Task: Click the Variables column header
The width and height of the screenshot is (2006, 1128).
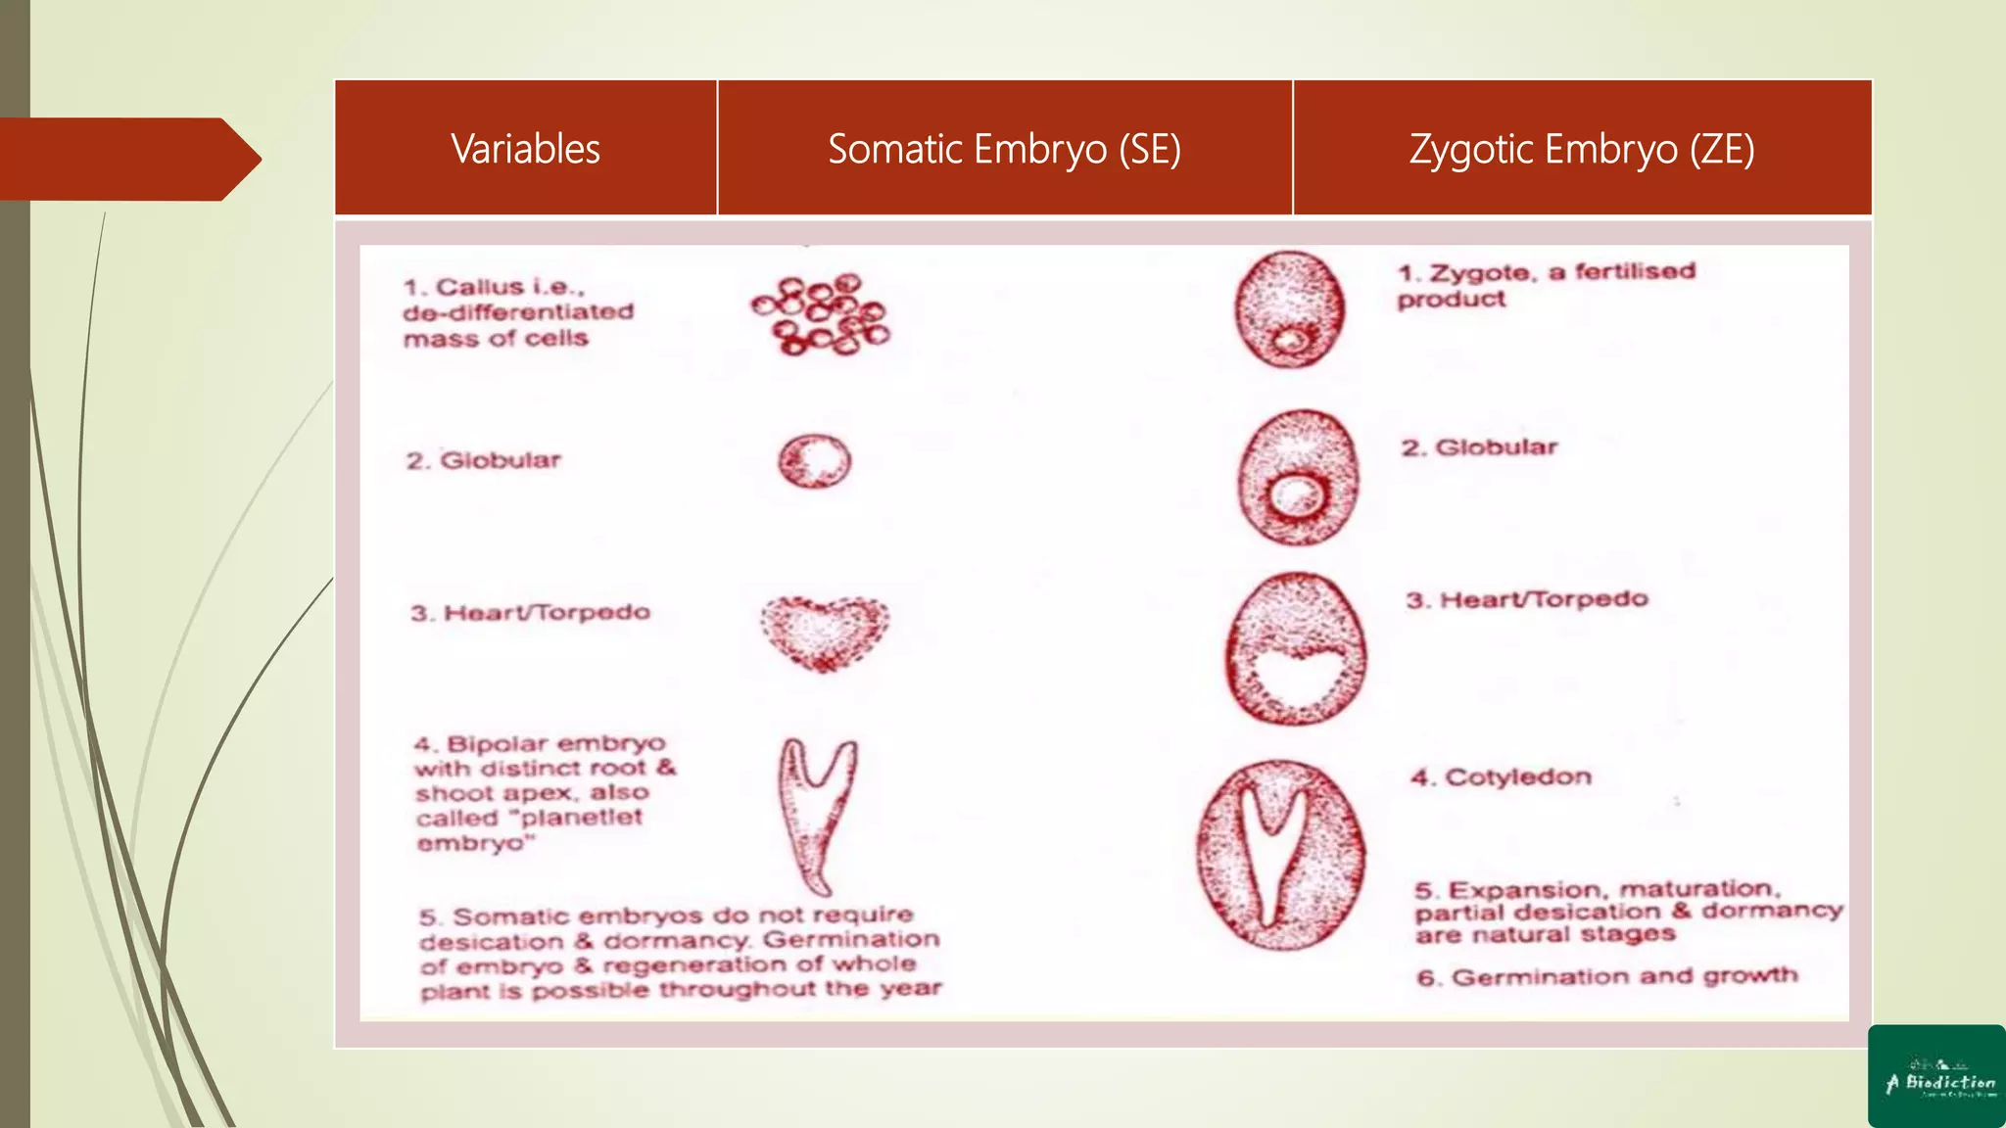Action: (526, 149)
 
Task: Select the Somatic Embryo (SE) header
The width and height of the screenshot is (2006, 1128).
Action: (1004, 149)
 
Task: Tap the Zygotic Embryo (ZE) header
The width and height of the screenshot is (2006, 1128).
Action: (1582, 149)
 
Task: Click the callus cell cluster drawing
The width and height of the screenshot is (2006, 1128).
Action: (821, 314)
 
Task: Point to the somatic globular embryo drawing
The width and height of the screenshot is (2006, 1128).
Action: (815, 461)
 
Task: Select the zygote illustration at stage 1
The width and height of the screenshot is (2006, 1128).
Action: (1289, 309)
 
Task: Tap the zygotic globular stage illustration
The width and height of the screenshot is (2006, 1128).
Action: (1298, 477)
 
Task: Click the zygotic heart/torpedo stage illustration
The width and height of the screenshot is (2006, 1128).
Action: (1296, 649)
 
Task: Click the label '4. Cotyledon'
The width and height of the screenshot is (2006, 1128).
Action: (1501, 777)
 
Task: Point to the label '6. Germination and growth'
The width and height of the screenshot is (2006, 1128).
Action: (1606, 976)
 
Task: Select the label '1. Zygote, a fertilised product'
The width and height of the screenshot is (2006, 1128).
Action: (1546, 284)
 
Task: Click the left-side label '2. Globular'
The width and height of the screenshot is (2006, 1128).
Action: (484, 460)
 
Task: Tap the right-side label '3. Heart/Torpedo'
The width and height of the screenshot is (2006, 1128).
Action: (1527, 599)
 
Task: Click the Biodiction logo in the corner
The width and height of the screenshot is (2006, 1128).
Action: (1936, 1076)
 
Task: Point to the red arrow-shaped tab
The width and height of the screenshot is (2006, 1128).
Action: (127, 159)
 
